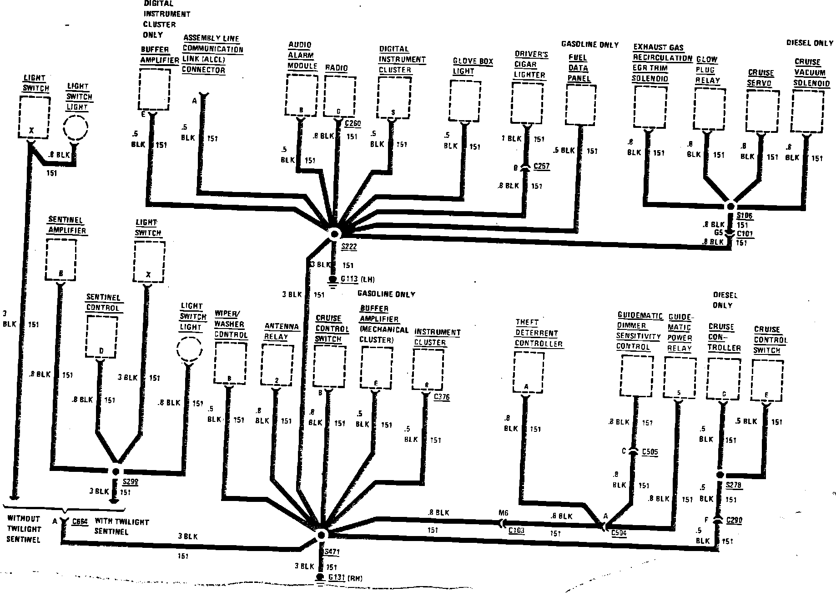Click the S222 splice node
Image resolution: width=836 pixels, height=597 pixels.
click(x=335, y=234)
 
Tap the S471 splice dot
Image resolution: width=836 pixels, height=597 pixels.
click(x=322, y=535)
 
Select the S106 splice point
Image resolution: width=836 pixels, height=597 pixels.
click(x=731, y=206)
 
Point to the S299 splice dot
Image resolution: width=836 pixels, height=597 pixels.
click(x=116, y=472)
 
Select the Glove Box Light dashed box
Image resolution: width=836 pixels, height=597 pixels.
click(x=465, y=101)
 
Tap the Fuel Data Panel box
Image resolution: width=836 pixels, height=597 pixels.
click(x=581, y=105)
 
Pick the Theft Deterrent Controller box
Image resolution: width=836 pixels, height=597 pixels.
click(x=528, y=372)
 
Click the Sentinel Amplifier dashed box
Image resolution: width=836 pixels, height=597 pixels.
click(x=60, y=260)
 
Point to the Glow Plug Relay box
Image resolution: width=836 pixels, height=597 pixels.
click(x=710, y=109)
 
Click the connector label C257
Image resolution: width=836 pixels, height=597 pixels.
click(x=541, y=167)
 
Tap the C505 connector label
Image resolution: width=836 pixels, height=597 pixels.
click(x=650, y=452)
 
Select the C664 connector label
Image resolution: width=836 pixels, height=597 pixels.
click(x=80, y=521)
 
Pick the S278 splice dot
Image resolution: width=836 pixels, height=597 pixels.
click(x=720, y=475)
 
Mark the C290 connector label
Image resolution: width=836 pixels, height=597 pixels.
click(x=734, y=520)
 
